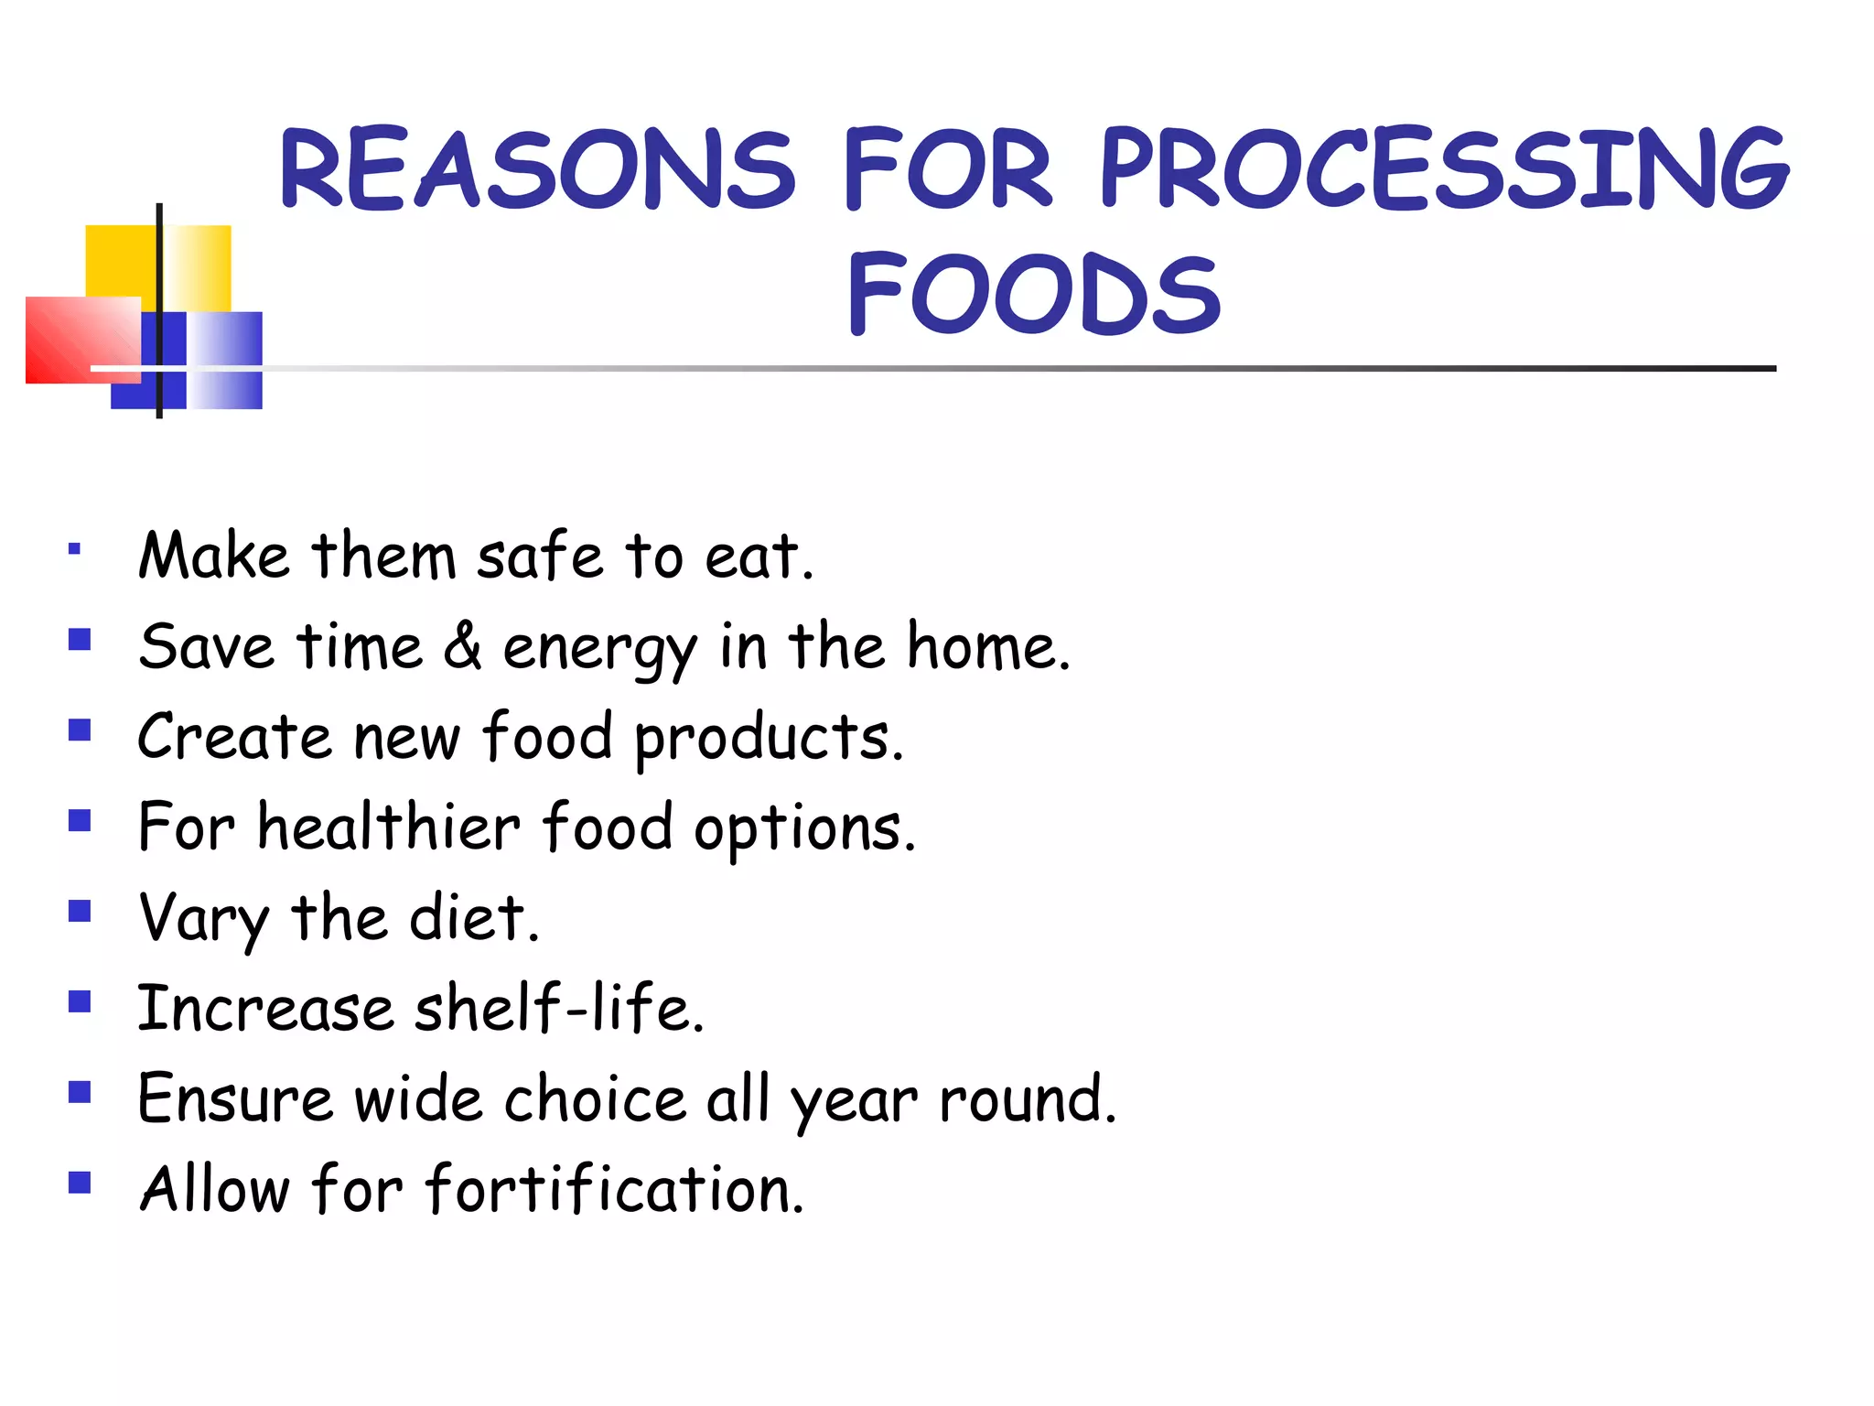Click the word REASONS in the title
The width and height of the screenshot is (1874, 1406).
click(x=538, y=169)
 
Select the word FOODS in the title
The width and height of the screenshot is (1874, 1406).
click(x=1034, y=294)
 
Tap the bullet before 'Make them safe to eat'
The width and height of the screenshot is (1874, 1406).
click(x=75, y=550)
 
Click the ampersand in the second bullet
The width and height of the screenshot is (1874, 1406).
click(x=463, y=645)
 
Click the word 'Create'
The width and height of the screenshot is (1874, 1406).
click(x=234, y=737)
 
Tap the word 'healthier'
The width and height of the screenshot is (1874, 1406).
click(x=389, y=827)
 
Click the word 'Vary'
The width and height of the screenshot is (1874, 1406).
click(x=203, y=918)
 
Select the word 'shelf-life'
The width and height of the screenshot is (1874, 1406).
click(x=558, y=1007)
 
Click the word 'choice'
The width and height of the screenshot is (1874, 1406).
click(x=595, y=1098)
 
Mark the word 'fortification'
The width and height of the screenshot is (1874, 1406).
click(x=614, y=1188)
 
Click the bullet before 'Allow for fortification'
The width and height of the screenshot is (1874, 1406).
click(x=80, y=1183)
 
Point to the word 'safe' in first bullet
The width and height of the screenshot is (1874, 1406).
click(x=540, y=556)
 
